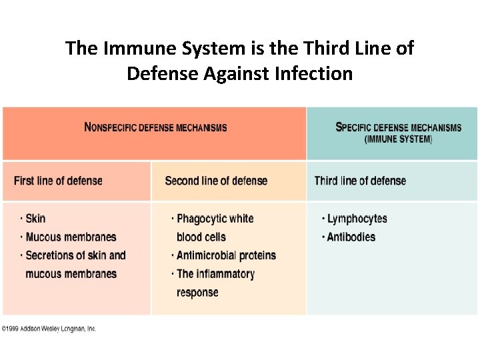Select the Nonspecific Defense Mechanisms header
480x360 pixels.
pos(155,127)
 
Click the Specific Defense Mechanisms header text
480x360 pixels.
pos(398,127)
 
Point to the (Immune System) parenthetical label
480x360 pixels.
pos(398,139)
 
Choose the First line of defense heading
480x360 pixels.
pos(58,181)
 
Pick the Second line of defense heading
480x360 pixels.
pos(216,181)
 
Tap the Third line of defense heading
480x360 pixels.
pos(360,181)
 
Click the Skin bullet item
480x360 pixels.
pos(35,219)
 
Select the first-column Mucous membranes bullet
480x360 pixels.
pos(71,237)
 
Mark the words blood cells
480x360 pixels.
pos(201,237)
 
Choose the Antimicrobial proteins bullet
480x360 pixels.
pos(226,255)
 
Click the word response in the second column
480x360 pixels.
pos(197,292)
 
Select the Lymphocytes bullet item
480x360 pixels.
pos(357,219)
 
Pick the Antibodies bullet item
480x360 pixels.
pos(351,237)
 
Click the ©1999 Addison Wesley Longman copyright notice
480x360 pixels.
pos(49,329)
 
